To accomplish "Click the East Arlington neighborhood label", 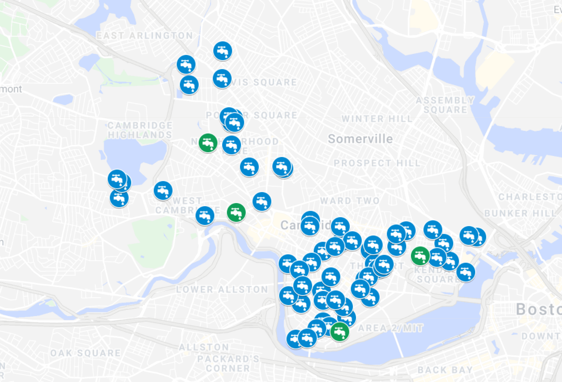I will [x=145, y=36].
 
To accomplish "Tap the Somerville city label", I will [x=360, y=139].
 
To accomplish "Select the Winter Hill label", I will [x=377, y=119].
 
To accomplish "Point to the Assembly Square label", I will [x=445, y=105].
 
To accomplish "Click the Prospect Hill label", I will [x=377, y=163].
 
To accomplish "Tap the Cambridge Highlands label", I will [x=140, y=130].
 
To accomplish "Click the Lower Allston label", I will [x=222, y=289].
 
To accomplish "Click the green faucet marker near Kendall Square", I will [x=420, y=255].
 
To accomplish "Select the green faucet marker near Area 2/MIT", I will [x=339, y=331].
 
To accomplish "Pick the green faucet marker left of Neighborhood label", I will [x=208, y=143].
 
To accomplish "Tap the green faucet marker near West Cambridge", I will [x=236, y=212].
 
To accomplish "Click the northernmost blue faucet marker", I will [x=222, y=51].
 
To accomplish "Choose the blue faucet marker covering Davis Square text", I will [x=222, y=79].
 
